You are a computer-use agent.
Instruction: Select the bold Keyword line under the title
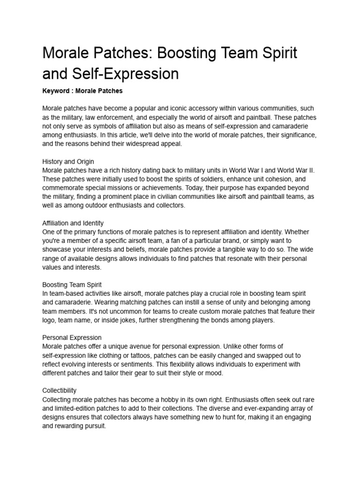click(82, 90)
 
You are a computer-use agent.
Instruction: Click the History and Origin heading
click(65, 162)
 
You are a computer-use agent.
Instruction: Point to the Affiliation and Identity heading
click(73, 223)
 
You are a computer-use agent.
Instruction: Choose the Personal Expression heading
click(72, 337)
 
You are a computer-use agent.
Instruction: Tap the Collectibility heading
click(60, 390)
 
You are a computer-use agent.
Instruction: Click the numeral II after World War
click(311, 170)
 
